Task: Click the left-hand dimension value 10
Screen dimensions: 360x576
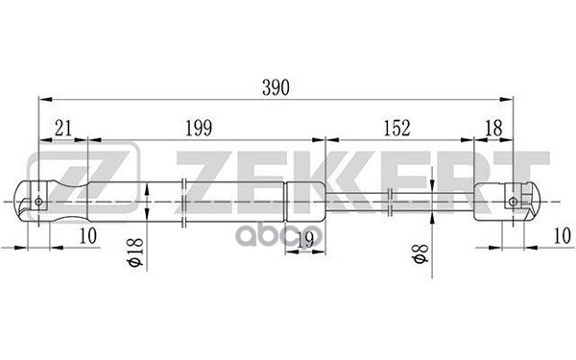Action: pos(87,235)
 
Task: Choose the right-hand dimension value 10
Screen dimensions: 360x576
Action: pos(563,235)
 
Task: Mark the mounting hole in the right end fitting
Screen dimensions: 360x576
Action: pos(515,202)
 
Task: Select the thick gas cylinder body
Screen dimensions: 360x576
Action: pos(192,202)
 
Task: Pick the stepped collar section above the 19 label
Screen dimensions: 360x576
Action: pos(305,202)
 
